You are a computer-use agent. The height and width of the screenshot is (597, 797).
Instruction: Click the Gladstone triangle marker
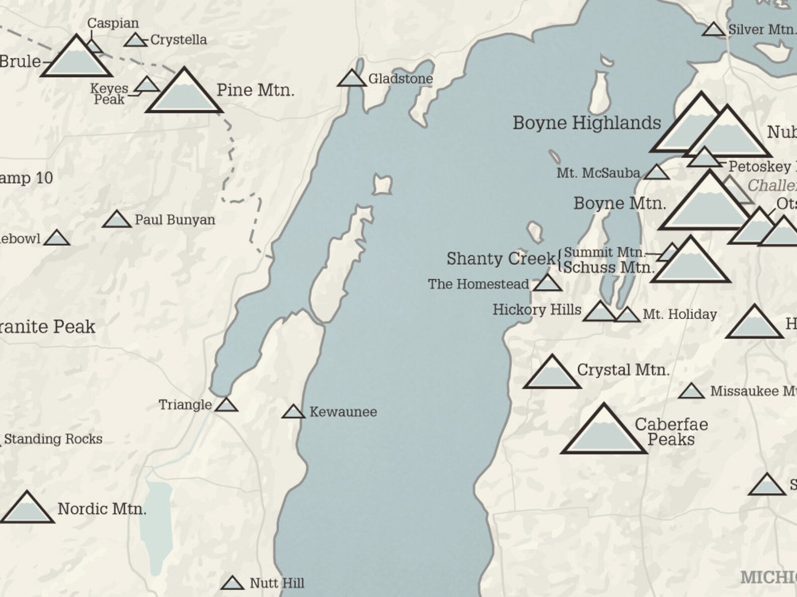(x=351, y=79)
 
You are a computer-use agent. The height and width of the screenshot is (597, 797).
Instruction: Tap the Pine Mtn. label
(x=255, y=90)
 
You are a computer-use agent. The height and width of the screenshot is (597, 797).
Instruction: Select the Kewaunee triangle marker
(x=294, y=412)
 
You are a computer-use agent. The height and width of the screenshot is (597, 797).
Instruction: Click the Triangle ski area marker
(x=226, y=405)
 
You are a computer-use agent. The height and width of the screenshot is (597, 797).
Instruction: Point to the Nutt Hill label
(x=277, y=583)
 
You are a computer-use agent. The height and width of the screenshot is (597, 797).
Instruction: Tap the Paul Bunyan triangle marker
(x=116, y=220)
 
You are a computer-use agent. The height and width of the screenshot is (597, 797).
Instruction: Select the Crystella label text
(x=178, y=40)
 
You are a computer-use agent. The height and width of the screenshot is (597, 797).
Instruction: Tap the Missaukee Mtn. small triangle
(x=691, y=392)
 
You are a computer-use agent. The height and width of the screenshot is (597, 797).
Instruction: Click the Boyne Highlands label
(x=586, y=123)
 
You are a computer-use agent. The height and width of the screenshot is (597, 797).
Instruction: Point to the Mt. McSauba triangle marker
(x=656, y=173)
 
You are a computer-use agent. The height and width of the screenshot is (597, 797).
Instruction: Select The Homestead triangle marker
(x=547, y=284)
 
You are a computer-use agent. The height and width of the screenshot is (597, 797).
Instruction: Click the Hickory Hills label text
(x=537, y=310)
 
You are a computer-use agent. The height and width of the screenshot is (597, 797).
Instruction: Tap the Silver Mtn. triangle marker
(x=713, y=30)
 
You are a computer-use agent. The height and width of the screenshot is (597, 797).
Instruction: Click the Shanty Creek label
(x=500, y=259)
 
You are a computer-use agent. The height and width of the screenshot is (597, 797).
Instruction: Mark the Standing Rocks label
(x=53, y=439)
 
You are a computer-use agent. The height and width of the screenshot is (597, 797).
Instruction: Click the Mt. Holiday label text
(x=680, y=315)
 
